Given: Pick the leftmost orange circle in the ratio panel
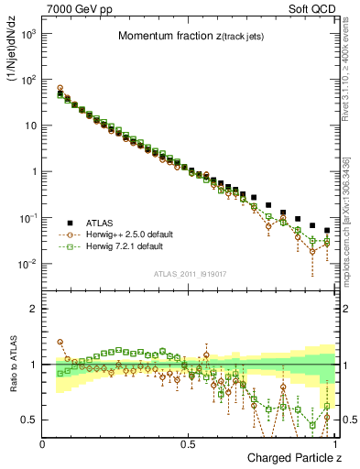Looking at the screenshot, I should coord(60,342).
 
